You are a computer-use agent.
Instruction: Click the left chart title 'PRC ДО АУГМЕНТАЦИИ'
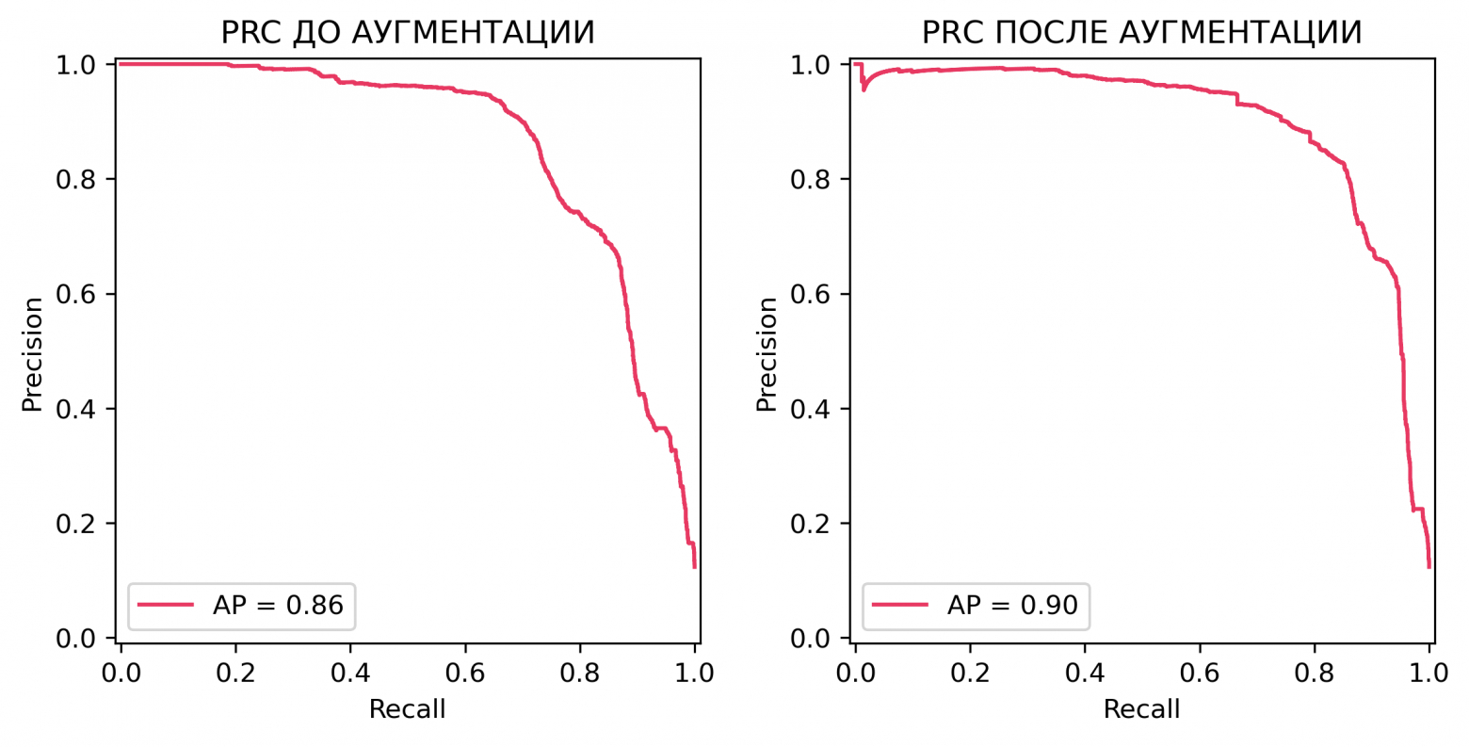pos(408,32)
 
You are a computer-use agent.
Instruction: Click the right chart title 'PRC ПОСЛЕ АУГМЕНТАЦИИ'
pos(1141,32)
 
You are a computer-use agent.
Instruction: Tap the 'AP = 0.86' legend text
pos(278,604)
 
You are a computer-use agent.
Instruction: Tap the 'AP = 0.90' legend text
pos(1012,604)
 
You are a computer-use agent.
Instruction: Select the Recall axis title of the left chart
pos(407,708)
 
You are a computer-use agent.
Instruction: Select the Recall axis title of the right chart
pos(1141,708)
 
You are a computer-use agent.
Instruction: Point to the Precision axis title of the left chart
pos(33,354)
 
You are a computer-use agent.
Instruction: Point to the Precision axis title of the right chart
pos(767,354)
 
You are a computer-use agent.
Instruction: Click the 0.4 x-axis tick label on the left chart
pos(350,674)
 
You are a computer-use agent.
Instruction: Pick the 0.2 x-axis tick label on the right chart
pos(970,674)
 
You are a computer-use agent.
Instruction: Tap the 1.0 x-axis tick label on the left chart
pos(695,674)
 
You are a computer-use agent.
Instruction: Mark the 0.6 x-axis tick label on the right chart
pos(1200,674)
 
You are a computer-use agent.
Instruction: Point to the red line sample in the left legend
pos(166,604)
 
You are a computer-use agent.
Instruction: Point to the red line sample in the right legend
pos(900,604)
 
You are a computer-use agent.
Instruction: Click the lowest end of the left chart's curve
pos(694,566)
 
